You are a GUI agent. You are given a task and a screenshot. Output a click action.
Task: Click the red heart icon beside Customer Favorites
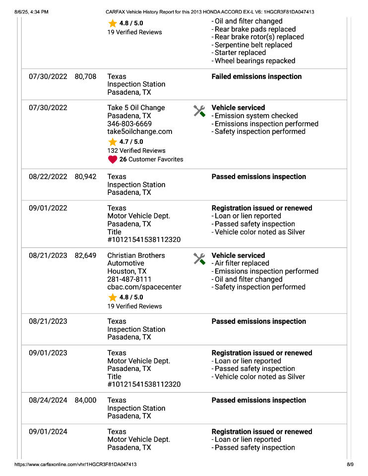coord(113,160)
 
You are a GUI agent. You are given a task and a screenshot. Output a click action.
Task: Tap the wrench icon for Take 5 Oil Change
coord(199,111)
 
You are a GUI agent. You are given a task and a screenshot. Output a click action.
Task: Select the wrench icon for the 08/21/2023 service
coord(199,259)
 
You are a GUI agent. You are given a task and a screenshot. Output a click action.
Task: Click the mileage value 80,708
coord(85,76)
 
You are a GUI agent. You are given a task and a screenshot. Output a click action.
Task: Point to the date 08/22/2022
coord(48,177)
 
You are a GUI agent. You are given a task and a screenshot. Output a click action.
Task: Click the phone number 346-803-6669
coord(129,123)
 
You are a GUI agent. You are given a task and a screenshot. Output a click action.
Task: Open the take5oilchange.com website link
coord(140,131)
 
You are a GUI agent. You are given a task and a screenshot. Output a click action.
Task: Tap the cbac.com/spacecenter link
coord(144,287)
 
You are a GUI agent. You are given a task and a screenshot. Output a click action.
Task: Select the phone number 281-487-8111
coord(129,279)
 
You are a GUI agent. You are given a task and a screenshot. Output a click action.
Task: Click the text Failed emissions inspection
coord(256,76)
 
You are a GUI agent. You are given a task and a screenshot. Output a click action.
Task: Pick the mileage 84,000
coord(85,400)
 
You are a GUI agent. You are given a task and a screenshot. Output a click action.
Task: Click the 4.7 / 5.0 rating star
coord(113,142)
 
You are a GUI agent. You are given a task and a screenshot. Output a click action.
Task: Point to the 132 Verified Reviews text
coord(136,150)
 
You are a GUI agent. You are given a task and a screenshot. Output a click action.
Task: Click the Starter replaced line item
coord(240,53)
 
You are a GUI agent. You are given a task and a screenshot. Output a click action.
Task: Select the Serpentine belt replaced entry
coord(253,45)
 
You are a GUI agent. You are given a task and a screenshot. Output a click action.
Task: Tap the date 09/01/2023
coord(48,353)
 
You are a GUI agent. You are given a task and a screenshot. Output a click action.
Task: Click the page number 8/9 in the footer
coord(350,465)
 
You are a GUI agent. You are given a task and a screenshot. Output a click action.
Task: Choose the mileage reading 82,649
coord(85,255)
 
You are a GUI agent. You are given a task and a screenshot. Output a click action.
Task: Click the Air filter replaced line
coord(242,263)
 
